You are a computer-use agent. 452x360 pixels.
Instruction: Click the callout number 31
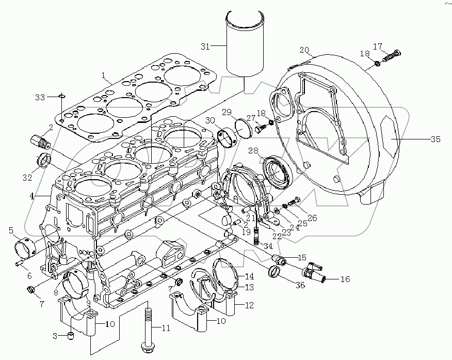pyautogui.click(x=205, y=47)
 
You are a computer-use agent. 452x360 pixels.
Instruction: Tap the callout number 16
pyautogui.click(x=344, y=279)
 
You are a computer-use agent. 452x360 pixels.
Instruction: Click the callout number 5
pyautogui.click(x=11, y=231)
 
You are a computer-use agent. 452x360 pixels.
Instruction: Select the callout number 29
pyautogui.click(x=227, y=112)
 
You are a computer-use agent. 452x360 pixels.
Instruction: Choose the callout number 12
pyautogui.click(x=249, y=305)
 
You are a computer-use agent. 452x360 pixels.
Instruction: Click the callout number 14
pyautogui.click(x=249, y=277)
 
